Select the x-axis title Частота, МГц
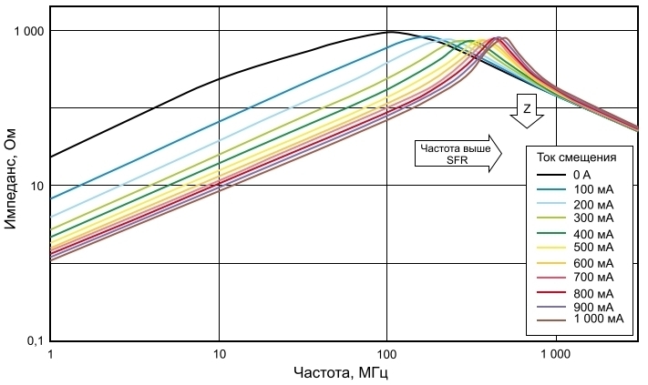tap(345, 373)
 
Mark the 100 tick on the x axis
tap(387, 353)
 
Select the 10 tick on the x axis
tap(219, 353)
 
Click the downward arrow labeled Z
tap(527, 111)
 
